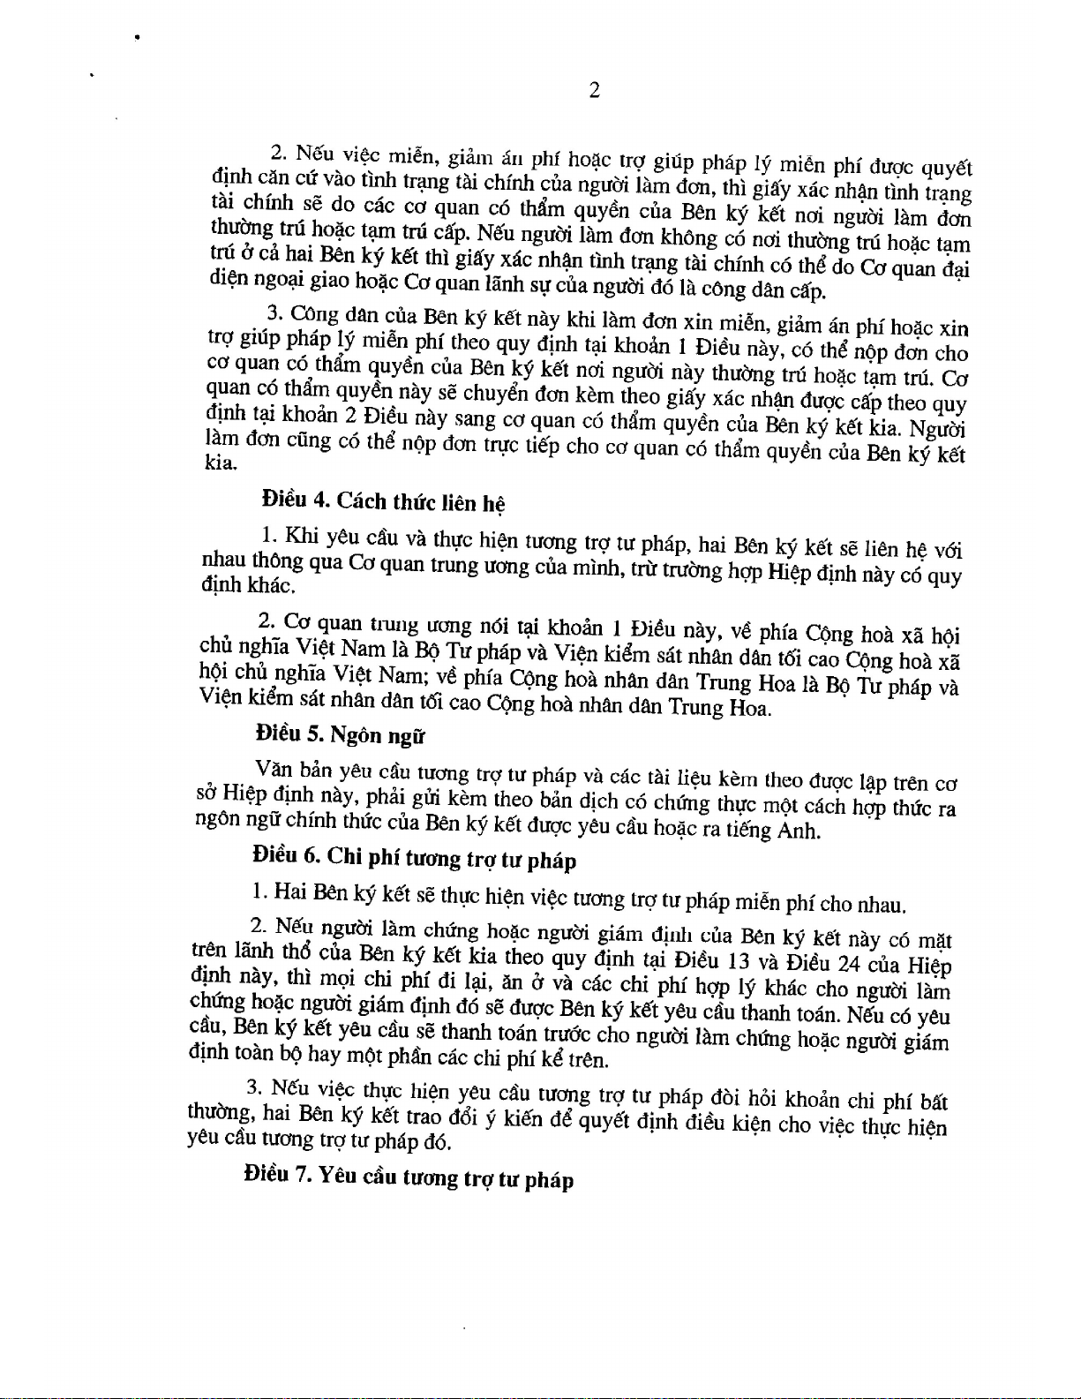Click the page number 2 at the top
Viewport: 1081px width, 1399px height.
point(594,90)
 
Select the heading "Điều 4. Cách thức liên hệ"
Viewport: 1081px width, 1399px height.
point(384,501)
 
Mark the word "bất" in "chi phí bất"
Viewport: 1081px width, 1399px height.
point(934,1102)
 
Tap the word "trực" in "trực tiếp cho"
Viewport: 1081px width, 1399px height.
point(501,446)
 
